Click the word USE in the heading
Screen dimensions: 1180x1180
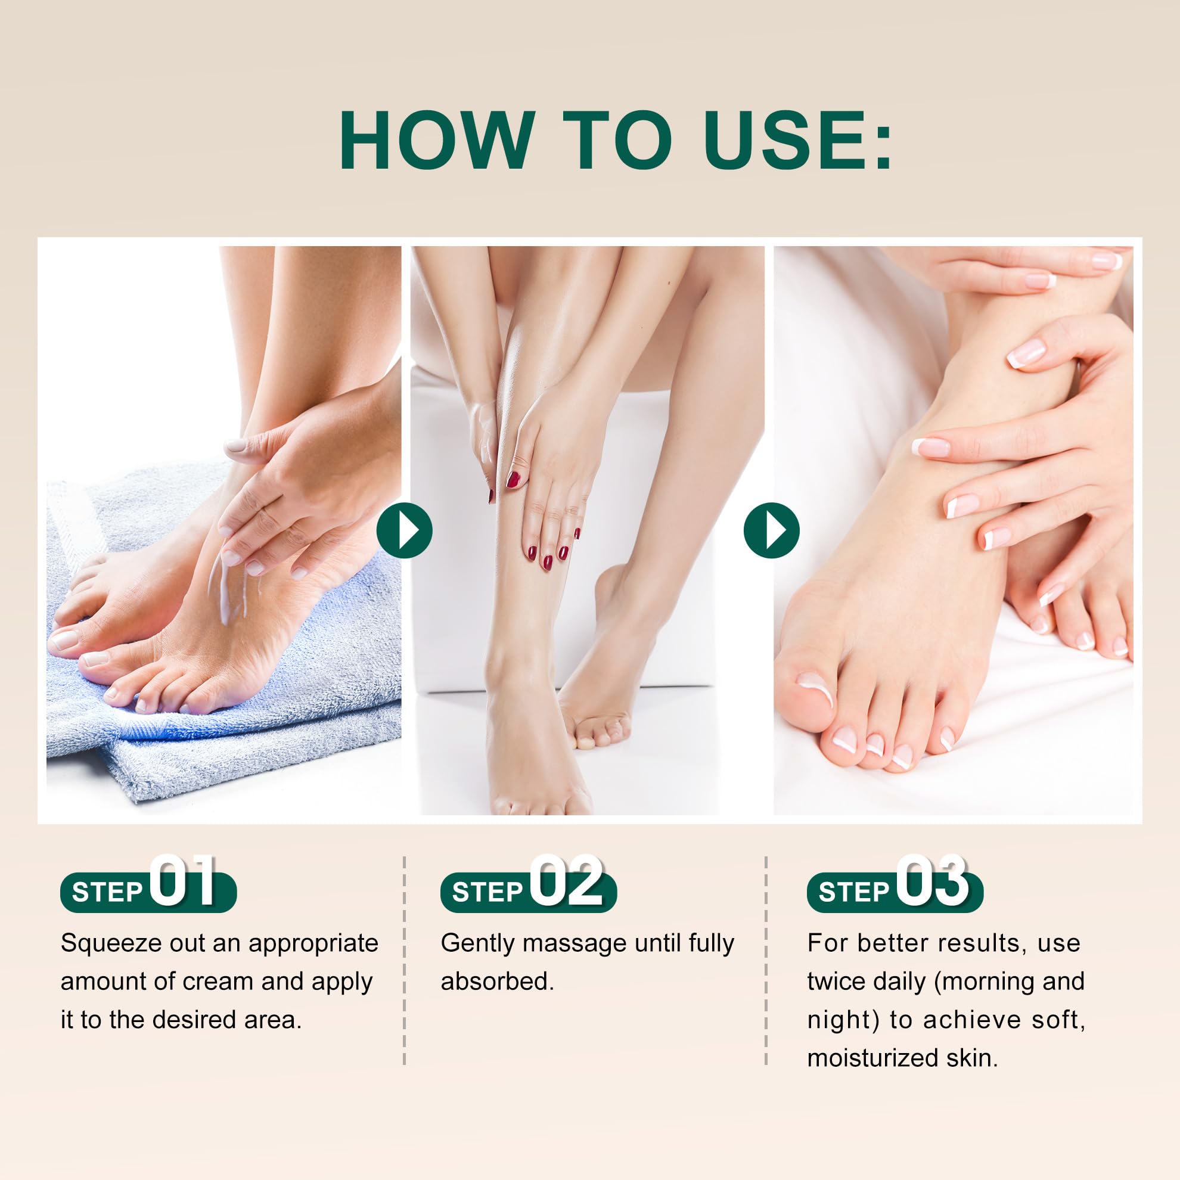tap(784, 141)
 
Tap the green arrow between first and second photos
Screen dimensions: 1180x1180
tap(404, 530)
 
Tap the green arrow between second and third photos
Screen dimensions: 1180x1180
tap(771, 530)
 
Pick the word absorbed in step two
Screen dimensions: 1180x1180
tap(497, 982)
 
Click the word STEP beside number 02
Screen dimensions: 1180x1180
tap(487, 892)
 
